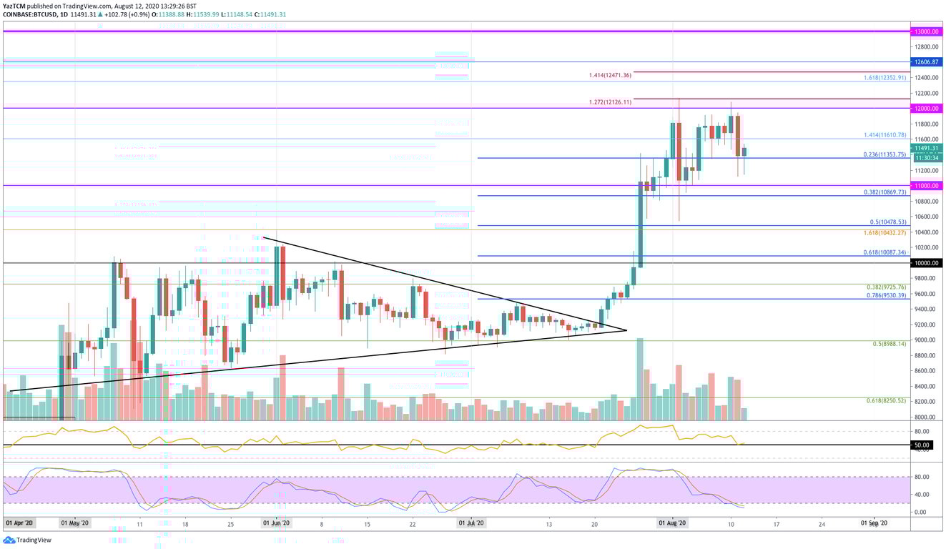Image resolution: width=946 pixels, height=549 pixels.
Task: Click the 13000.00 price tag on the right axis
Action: (x=925, y=31)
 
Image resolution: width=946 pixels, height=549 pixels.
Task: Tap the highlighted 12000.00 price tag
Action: (x=925, y=109)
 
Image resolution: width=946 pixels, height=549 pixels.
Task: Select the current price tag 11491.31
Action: (x=925, y=148)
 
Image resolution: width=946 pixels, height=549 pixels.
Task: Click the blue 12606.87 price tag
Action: (x=925, y=62)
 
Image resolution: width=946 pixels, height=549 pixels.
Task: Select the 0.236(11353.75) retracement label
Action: (x=885, y=154)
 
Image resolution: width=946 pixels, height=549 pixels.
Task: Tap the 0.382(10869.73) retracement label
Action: (x=885, y=192)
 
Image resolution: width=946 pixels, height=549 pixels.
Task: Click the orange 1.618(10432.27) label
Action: (x=885, y=232)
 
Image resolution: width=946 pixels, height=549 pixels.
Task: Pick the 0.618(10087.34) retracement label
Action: (x=885, y=252)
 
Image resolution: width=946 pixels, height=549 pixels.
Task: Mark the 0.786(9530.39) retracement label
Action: (x=885, y=295)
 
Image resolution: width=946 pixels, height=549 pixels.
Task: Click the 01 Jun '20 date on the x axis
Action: (x=276, y=523)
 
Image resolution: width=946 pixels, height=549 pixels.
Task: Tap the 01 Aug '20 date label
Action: (x=673, y=523)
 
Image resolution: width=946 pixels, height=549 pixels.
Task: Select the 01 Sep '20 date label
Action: (x=874, y=523)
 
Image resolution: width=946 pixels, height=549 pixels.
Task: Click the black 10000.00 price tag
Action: (x=925, y=263)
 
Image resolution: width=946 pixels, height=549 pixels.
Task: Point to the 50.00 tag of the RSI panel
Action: (x=925, y=445)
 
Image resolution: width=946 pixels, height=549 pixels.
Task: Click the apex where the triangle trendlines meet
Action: (x=626, y=330)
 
